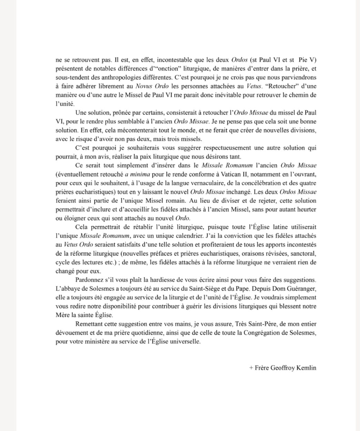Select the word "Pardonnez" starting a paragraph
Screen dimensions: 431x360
point(89,280)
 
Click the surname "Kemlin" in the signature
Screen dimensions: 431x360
point(306,368)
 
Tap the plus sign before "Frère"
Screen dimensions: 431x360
point(251,368)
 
